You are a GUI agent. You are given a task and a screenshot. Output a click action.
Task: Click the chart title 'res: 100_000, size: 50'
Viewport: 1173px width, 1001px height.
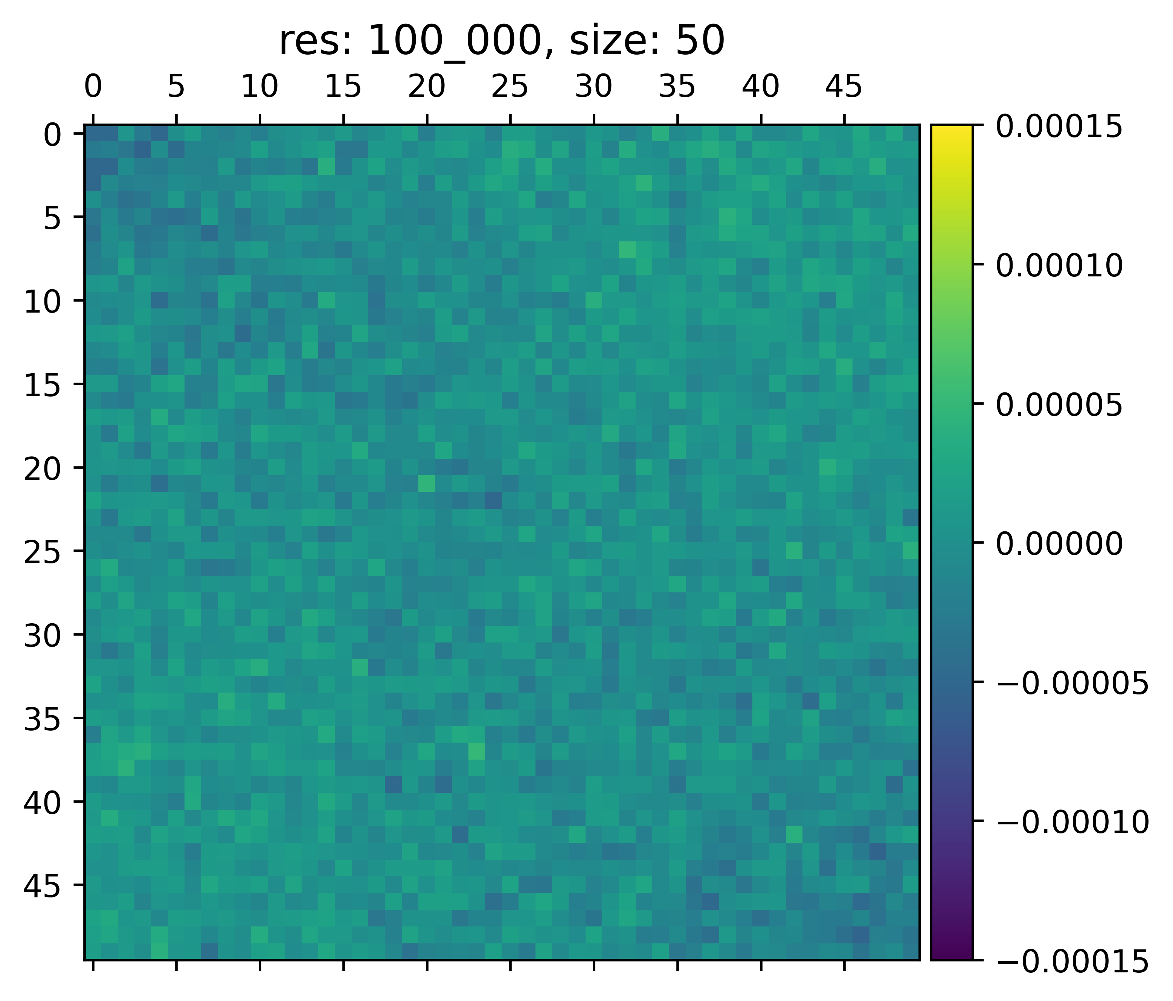tap(502, 43)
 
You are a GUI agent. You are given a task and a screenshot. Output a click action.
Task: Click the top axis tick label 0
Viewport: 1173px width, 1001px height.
tap(93, 88)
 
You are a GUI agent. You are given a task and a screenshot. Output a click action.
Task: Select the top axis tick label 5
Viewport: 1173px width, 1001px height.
tap(177, 88)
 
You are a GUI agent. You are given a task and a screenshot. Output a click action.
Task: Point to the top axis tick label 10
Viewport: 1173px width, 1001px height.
tap(260, 88)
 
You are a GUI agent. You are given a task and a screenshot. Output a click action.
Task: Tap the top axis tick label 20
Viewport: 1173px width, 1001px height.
tap(427, 88)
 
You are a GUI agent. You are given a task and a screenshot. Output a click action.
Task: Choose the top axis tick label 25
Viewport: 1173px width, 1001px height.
tap(510, 88)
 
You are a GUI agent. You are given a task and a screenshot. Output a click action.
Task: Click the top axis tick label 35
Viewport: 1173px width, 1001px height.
tap(677, 88)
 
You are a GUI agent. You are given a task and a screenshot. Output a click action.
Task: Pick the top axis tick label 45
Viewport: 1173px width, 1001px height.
tap(844, 88)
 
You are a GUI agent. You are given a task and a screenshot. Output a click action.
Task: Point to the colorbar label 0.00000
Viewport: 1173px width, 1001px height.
tap(1059, 545)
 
